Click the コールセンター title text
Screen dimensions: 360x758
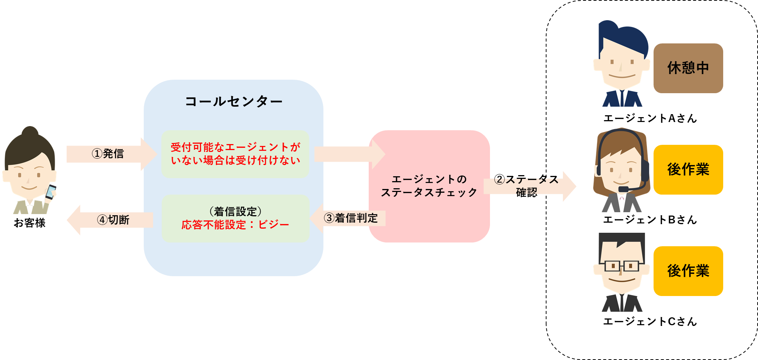pyautogui.click(x=234, y=101)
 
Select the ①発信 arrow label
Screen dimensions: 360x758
pyautogui.click(x=108, y=154)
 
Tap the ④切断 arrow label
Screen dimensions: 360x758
pyautogui.click(x=113, y=220)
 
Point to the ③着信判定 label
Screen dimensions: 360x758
pyautogui.click(x=351, y=218)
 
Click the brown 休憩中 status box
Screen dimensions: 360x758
pyautogui.click(x=688, y=68)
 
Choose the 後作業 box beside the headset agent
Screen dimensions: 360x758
pyautogui.click(x=688, y=170)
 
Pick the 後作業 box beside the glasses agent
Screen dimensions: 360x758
pyautogui.click(x=688, y=271)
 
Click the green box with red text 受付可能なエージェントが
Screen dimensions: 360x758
pyautogui.click(x=235, y=154)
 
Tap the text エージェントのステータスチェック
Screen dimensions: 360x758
pyautogui.click(x=429, y=186)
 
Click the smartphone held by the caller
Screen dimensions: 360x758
pyautogui.click(x=50, y=191)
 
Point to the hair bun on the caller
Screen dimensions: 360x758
pyautogui.click(x=30, y=132)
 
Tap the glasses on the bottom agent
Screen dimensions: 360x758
pyautogui.click(x=621, y=266)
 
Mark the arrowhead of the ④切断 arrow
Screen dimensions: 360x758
pyautogui.click(x=74, y=220)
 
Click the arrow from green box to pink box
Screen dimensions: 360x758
pyautogui.click(x=348, y=154)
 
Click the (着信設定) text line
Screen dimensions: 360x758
pyautogui.click(x=235, y=211)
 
